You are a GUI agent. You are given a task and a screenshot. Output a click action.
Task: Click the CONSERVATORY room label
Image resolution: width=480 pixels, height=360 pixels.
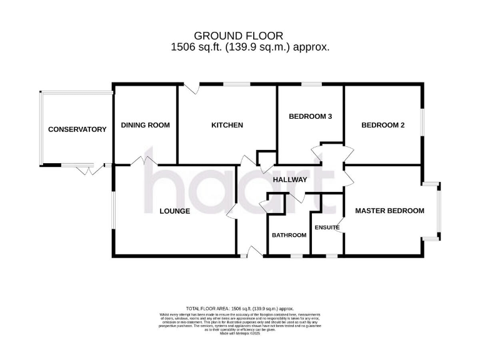pyautogui.click(x=77, y=129)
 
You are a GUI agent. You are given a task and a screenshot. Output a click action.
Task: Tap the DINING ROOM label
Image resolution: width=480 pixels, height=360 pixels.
pyautogui.click(x=145, y=125)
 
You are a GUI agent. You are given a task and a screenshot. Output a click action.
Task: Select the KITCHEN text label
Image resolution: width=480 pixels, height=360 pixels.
pyautogui.click(x=227, y=125)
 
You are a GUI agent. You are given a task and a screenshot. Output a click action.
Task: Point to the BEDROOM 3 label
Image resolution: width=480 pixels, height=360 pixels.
pyautogui.click(x=310, y=116)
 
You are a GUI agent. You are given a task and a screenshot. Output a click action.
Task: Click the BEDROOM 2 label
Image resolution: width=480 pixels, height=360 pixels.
pyautogui.click(x=383, y=125)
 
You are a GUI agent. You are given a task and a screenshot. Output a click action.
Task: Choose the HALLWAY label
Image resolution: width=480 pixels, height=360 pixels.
pyautogui.click(x=290, y=179)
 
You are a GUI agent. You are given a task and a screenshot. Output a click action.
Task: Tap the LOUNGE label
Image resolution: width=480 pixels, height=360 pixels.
pyautogui.click(x=174, y=211)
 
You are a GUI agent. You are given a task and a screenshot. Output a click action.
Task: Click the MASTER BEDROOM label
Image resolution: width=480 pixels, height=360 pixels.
pyautogui.click(x=389, y=211)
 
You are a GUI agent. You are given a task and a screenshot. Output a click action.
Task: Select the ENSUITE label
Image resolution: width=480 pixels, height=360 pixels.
pyautogui.click(x=327, y=227)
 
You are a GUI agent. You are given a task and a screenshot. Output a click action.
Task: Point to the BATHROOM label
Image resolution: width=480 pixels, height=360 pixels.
pyautogui.click(x=288, y=235)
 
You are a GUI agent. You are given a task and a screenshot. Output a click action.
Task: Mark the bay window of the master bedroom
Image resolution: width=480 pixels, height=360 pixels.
pyautogui.click(x=439, y=211)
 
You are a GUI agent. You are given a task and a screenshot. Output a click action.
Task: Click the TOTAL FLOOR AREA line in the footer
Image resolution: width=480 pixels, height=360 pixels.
pyautogui.click(x=239, y=309)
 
